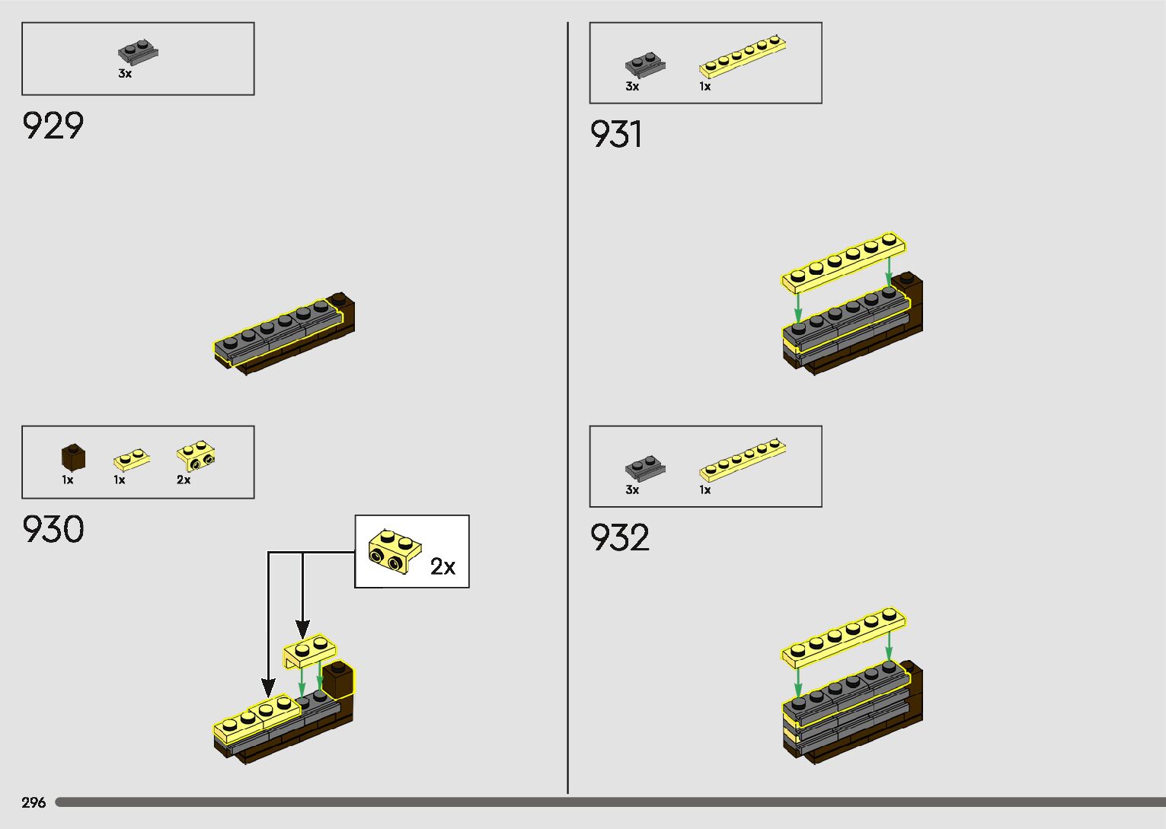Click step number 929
coord(53,126)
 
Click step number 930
coord(53,530)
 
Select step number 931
coord(616,135)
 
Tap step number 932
coord(620,538)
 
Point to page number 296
coord(34,802)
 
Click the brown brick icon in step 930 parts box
coord(73,457)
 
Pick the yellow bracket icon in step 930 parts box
coord(196,456)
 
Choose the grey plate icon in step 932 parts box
coord(644,467)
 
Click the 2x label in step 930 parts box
coord(184,480)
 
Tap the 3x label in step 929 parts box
coord(125,74)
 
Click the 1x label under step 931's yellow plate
coord(705,87)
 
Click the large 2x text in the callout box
coord(442,566)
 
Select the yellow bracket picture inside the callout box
coord(395,552)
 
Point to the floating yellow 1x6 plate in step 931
coord(844,263)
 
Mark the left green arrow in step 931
coord(797,306)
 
